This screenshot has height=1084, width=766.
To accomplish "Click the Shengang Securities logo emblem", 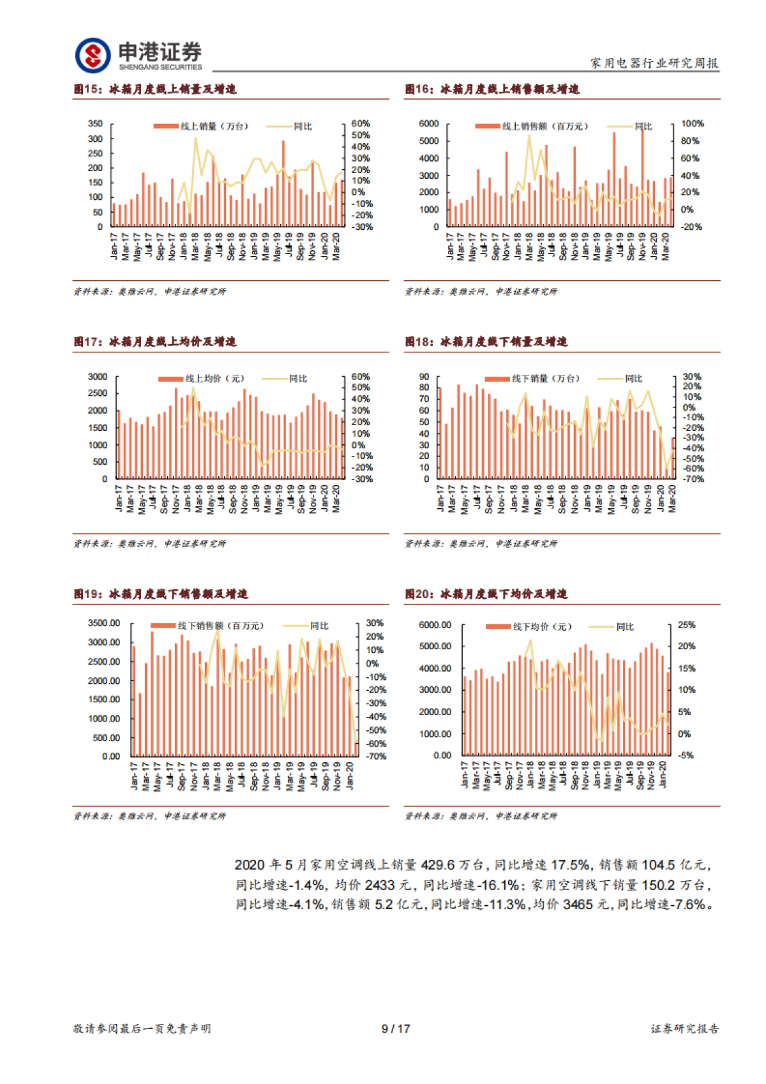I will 93,55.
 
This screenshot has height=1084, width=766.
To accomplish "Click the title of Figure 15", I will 154,89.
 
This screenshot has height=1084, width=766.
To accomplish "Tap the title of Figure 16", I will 492,89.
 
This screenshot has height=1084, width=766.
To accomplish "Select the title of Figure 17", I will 154,342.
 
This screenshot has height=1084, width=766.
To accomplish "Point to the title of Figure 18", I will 486,342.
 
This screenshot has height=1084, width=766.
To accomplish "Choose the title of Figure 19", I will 160,594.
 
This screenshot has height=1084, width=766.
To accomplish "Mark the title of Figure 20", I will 486,594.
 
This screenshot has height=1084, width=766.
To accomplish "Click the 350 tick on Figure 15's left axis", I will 95,124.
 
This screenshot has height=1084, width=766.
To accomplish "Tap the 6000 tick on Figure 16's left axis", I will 428,124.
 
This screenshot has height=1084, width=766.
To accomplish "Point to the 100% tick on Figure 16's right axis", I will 693,124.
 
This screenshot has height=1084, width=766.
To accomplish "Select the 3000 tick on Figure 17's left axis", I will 98,377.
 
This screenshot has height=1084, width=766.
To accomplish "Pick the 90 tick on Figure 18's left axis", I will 424,377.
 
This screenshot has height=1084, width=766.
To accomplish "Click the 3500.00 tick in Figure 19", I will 104,623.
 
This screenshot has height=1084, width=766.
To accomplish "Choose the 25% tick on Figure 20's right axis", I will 687,625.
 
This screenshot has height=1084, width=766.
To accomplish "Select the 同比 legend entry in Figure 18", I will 633,379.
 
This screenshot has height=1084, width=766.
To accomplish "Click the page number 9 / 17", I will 396,1028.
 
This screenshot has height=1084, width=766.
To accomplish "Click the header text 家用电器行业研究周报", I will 654,63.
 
